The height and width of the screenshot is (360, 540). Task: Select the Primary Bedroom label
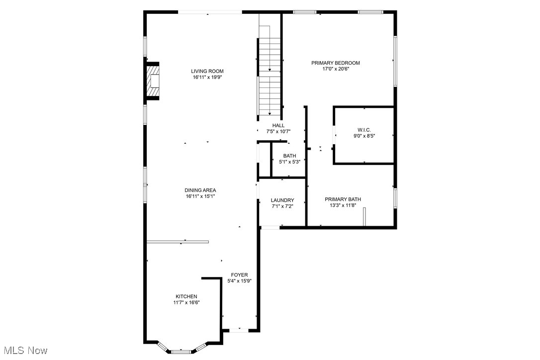(335, 63)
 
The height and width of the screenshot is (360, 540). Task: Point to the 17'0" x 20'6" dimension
(335, 69)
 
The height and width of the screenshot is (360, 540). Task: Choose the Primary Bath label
(343, 199)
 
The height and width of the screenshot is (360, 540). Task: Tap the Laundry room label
(282, 200)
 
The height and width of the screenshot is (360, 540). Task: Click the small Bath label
(289, 156)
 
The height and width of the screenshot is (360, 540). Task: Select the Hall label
(278, 125)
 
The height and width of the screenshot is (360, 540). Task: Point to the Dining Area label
(200, 190)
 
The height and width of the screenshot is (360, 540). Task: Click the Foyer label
(239, 274)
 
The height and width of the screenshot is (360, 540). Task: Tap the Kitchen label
(186, 296)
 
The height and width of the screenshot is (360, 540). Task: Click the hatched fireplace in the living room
(153, 81)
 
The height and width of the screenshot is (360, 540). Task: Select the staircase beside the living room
(270, 75)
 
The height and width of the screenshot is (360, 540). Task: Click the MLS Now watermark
(24, 351)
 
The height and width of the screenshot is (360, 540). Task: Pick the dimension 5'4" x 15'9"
(239, 281)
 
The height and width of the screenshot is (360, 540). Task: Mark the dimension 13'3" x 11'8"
(343, 205)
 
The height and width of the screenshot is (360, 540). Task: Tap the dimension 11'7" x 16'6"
(186, 302)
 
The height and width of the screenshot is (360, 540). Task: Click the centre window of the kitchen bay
(181, 352)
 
